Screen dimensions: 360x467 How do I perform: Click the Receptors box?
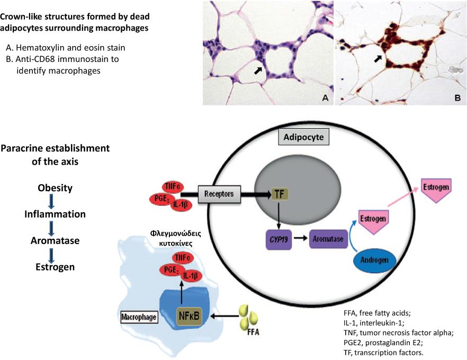(219, 194)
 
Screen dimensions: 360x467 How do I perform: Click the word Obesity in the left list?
(55, 188)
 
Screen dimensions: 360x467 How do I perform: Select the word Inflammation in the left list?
(55, 214)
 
